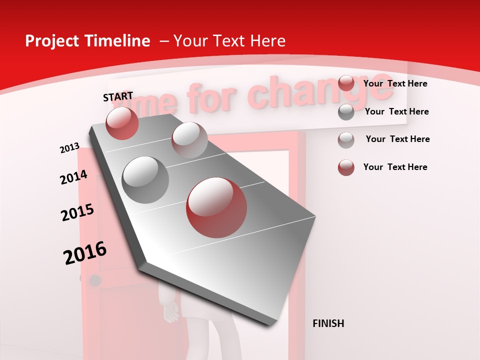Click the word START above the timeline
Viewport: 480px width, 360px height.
pyautogui.click(x=118, y=96)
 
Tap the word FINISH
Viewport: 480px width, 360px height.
pyautogui.click(x=328, y=323)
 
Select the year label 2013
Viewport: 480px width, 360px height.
pyautogui.click(x=69, y=148)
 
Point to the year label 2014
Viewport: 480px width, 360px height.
pyautogui.click(x=73, y=177)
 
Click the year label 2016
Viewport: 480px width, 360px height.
pyautogui.click(x=85, y=253)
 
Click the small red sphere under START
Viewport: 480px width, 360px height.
pyautogui.click(x=122, y=123)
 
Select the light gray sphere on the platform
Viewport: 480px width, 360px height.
pyautogui.click(x=189, y=139)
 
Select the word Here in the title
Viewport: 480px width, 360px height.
pyautogui.click(x=267, y=41)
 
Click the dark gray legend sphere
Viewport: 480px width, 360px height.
pyautogui.click(x=346, y=112)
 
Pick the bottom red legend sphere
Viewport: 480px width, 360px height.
pyautogui.click(x=346, y=167)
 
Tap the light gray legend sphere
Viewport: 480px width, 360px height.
pyautogui.click(x=346, y=140)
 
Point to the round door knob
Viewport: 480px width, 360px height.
pyautogui.click(x=94, y=280)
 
